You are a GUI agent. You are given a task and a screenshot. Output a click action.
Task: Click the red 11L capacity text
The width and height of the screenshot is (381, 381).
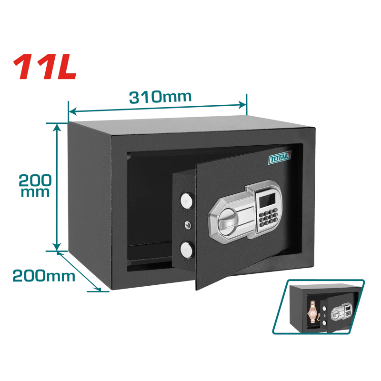(x=45, y=67)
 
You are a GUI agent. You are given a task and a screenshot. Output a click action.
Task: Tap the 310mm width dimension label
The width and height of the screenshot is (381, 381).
(x=160, y=97)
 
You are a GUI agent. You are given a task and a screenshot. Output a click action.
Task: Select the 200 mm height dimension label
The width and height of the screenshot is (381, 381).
(x=35, y=185)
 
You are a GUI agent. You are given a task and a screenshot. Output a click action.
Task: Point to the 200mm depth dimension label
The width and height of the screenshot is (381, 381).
(x=44, y=276)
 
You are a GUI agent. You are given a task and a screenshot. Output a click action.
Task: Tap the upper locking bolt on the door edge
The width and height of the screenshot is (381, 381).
(x=186, y=201)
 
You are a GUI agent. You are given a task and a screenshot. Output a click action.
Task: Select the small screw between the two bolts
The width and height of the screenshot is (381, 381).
(x=187, y=225)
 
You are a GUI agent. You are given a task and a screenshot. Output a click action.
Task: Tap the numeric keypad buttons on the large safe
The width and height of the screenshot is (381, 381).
(x=268, y=217)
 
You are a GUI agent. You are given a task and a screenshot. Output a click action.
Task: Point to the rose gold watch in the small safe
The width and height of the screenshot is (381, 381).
(x=312, y=311)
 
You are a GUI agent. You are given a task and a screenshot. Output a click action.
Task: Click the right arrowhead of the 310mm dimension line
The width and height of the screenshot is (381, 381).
(x=242, y=105)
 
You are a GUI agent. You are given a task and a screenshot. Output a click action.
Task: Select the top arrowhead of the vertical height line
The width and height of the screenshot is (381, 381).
(x=57, y=127)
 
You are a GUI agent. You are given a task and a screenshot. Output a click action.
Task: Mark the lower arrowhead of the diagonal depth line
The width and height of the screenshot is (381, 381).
(x=98, y=289)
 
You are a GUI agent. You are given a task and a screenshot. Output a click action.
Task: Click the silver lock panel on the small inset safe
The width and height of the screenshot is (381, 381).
(x=341, y=311)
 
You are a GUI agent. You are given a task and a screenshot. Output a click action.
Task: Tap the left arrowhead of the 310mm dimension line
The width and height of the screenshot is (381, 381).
(x=73, y=112)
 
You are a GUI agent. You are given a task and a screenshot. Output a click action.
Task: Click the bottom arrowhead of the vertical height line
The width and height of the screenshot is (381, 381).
(x=57, y=246)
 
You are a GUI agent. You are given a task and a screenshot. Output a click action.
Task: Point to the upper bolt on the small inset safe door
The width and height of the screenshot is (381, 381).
(x=324, y=309)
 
